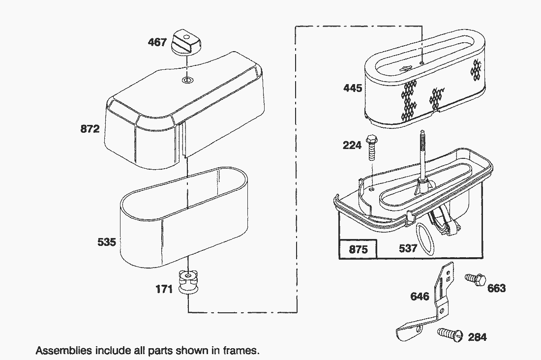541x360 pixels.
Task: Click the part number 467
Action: click(157, 43)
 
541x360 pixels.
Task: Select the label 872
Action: click(90, 129)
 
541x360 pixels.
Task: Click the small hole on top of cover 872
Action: click(186, 80)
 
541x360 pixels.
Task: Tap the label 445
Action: click(353, 89)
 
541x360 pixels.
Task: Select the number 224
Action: click(352, 145)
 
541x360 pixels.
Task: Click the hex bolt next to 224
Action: click(372, 148)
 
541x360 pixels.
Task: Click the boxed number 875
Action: click(358, 249)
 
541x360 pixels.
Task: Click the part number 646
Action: click(420, 297)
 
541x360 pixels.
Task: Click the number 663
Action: click(496, 289)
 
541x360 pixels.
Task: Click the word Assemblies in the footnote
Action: click(63, 351)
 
